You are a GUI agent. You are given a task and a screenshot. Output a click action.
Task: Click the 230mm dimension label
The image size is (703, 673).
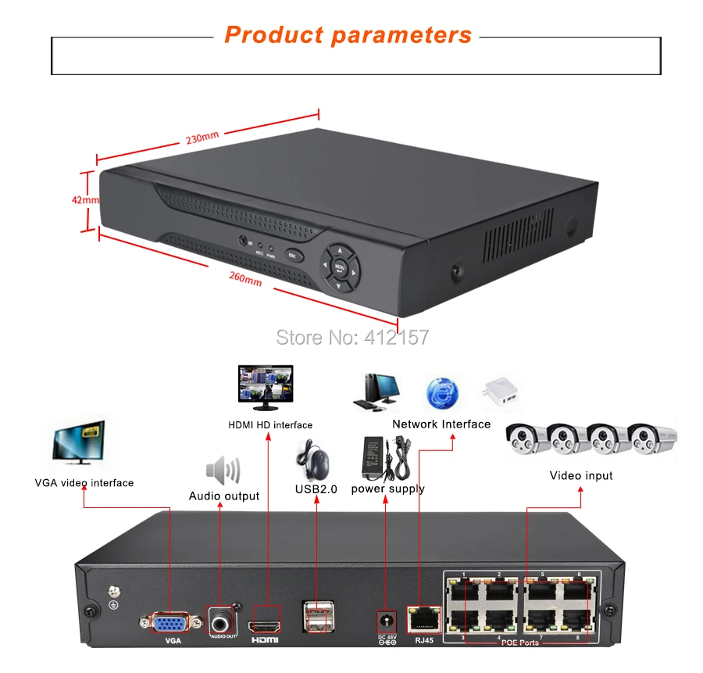point(203,138)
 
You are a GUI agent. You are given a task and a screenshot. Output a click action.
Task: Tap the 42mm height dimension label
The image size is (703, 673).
point(85,199)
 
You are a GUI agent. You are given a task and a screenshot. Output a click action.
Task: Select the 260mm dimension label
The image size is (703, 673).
point(246,278)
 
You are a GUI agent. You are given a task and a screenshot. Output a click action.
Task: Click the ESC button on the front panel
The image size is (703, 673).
point(293,255)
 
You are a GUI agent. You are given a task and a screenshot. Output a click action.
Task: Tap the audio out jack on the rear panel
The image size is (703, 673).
point(223,622)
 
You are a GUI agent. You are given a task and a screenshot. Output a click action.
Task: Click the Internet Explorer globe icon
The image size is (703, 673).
point(443,392)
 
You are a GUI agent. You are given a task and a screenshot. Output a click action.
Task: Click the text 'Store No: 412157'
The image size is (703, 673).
point(353,337)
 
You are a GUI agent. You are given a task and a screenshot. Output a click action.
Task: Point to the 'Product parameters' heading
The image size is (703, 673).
point(348,35)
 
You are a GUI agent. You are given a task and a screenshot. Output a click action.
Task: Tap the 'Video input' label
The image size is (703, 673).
point(581,475)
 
